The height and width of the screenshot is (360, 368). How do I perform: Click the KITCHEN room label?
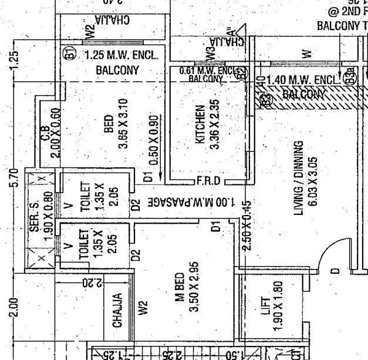pos(201,125)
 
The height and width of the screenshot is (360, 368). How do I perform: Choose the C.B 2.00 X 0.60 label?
pos(50,132)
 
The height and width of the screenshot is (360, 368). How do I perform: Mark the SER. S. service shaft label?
pos(34,206)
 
